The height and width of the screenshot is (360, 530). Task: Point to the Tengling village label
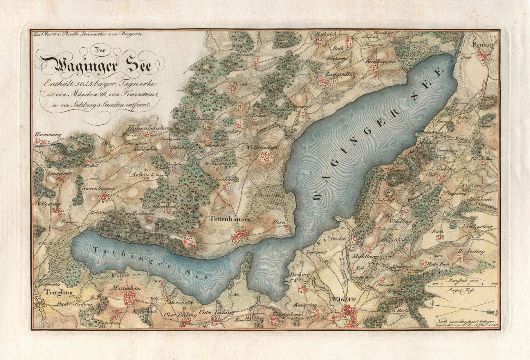pos(59,293)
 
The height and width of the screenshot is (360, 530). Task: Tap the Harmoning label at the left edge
pos(48,135)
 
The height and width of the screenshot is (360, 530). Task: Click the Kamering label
pos(305,305)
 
